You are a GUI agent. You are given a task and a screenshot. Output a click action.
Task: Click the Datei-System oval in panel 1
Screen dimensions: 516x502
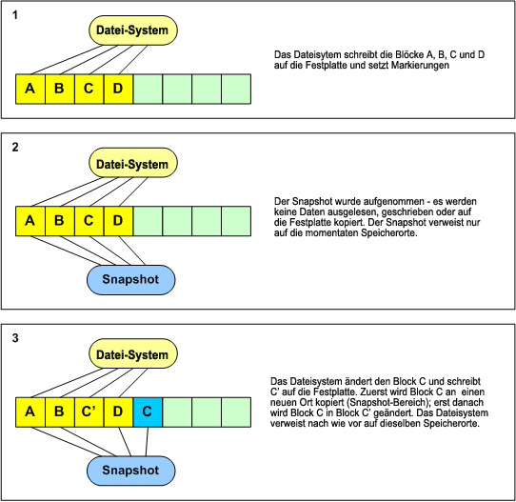pyautogui.click(x=133, y=30)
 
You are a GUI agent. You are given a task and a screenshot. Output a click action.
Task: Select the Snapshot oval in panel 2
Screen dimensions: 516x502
pyautogui.click(x=131, y=280)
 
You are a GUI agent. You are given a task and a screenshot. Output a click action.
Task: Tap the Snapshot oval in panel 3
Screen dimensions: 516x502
pyautogui.click(x=131, y=471)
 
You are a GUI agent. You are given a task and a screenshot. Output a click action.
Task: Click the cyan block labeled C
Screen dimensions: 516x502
pyautogui.click(x=148, y=412)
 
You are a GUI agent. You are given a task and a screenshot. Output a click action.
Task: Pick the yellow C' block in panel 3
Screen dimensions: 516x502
pyautogui.click(x=89, y=412)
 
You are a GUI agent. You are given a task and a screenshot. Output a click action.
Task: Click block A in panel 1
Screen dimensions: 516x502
pyautogui.click(x=30, y=89)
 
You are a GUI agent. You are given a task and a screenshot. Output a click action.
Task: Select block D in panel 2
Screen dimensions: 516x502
pyautogui.click(x=118, y=221)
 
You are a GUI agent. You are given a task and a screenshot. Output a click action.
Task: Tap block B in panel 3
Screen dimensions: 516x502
pyautogui.click(x=60, y=412)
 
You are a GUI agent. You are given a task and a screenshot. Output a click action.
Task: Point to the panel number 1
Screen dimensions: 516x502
pyautogui.click(x=15, y=15)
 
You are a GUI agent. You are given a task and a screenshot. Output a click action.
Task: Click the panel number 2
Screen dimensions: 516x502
pyautogui.click(x=15, y=147)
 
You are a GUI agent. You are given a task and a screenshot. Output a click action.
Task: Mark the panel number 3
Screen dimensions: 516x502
pyautogui.click(x=15, y=338)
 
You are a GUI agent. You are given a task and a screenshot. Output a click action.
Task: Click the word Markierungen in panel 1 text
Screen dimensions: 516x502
pyautogui.click(x=420, y=65)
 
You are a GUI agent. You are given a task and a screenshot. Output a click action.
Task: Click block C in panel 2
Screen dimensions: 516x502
pyautogui.click(x=89, y=221)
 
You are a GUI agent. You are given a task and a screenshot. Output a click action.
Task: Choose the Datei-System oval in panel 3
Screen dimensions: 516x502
pyautogui.click(x=133, y=353)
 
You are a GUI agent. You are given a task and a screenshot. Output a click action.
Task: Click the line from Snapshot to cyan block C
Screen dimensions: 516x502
pyautogui.click(x=147, y=441)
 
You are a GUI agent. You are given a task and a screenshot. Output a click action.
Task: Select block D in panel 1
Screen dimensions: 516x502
pyautogui.click(x=118, y=89)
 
